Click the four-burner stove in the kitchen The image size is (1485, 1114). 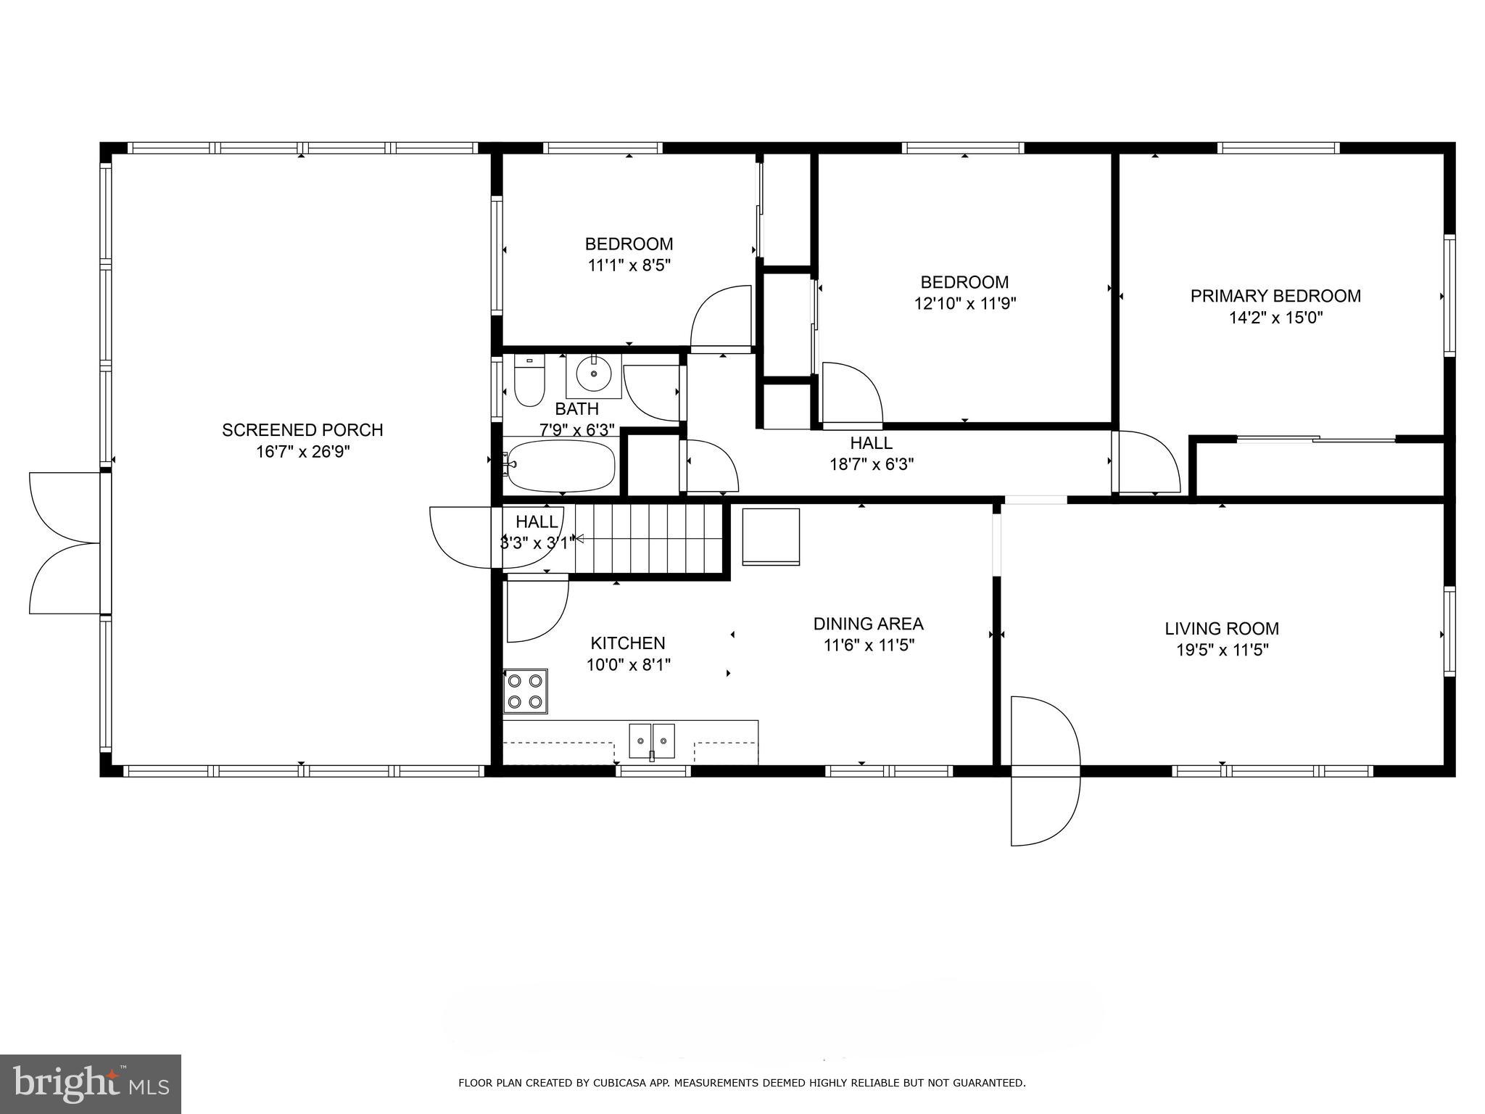(526, 691)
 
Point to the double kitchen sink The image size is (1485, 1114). (651, 740)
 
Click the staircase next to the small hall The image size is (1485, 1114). (649, 539)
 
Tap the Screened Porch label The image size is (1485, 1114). (302, 430)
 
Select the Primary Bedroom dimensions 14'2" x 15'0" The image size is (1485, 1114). (1275, 317)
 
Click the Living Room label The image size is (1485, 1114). (1222, 629)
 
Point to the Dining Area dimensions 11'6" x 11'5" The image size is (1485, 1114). (869, 645)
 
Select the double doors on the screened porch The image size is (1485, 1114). (65, 542)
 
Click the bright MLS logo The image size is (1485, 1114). (91, 1084)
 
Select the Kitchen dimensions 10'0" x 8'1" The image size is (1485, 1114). (628, 664)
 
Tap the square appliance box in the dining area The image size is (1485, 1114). (770, 537)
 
